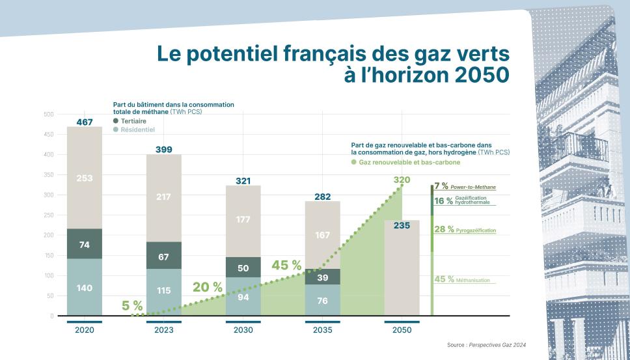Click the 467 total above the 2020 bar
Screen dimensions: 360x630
(85, 122)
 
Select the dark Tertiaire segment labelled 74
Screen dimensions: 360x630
(85, 245)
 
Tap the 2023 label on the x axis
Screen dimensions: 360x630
(163, 330)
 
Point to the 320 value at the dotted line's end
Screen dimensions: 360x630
(402, 180)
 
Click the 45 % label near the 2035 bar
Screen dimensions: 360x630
(286, 266)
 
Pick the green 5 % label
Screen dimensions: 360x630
(132, 305)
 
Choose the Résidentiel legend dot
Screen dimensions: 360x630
(116, 130)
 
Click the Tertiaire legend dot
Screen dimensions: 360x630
(116, 121)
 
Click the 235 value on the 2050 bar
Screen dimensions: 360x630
(402, 227)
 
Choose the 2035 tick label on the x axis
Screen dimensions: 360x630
(322, 330)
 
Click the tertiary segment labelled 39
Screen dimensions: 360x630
(323, 278)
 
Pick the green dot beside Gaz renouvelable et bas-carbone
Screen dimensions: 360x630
(354, 161)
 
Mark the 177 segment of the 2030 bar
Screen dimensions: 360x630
(243, 219)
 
